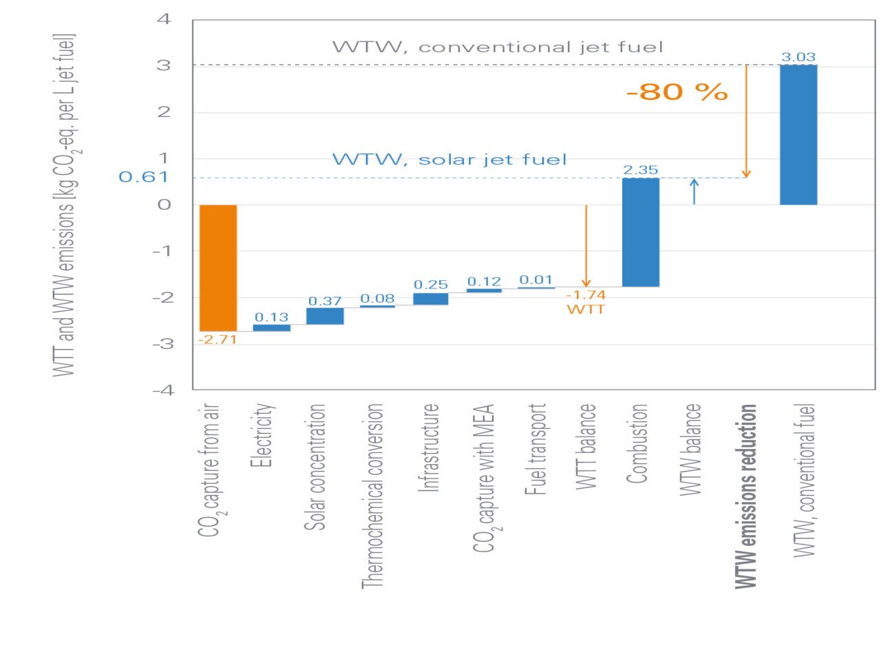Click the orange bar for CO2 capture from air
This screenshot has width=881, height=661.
click(218, 268)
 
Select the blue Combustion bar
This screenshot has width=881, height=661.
click(641, 232)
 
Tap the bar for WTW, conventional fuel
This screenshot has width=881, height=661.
click(798, 135)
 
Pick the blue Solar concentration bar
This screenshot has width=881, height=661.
click(324, 316)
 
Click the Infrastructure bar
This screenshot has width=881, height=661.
click(430, 298)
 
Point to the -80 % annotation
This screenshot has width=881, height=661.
click(677, 92)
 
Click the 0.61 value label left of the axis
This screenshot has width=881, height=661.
click(144, 177)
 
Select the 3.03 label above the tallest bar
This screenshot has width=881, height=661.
click(798, 57)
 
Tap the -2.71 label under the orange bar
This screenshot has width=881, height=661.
click(217, 339)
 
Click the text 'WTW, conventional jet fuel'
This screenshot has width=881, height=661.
click(497, 48)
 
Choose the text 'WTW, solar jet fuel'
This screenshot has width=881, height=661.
click(449, 160)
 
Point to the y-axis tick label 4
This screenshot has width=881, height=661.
click(164, 19)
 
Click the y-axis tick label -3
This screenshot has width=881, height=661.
click(162, 344)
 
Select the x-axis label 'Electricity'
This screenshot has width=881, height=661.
click(262, 435)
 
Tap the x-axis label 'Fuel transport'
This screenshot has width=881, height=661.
click(535, 449)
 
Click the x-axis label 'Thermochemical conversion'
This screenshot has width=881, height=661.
click(372, 496)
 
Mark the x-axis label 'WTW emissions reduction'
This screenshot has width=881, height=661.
click(746, 496)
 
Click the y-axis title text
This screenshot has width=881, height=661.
click(65, 204)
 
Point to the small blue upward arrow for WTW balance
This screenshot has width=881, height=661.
click(694, 191)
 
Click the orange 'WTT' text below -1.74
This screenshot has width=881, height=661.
click(586, 310)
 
